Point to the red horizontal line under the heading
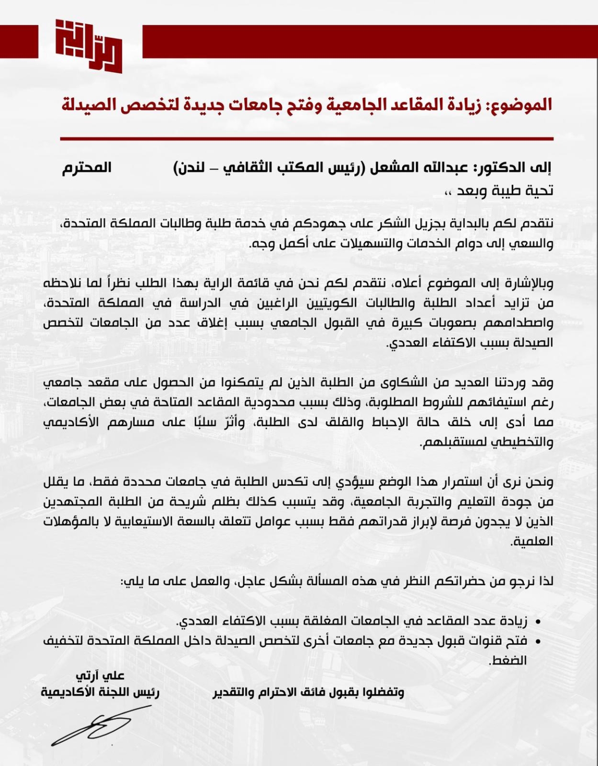306,139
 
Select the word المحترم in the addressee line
87,167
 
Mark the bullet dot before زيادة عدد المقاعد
538,622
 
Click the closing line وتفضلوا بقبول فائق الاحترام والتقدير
309,693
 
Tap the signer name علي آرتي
100,676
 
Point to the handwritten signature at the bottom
92,725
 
